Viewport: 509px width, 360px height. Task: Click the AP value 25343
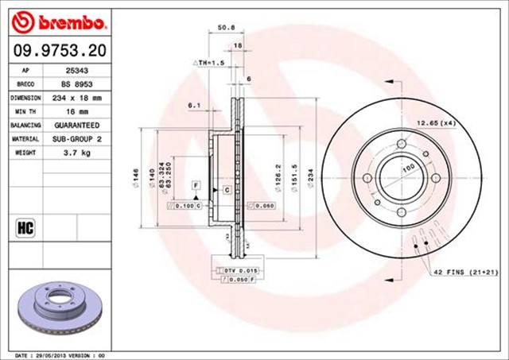coord(76,71)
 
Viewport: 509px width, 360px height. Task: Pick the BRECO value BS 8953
coord(76,83)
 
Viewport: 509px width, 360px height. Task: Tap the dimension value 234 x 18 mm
coord(76,98)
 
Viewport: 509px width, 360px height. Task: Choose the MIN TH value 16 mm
coord(76,111)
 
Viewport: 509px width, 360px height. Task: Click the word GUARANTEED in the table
coord(76,126)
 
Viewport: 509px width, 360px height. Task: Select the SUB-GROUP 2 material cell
coord(76,139)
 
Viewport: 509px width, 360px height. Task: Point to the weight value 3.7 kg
coord(76,153)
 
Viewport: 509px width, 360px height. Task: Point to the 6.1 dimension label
coord(194,105)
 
